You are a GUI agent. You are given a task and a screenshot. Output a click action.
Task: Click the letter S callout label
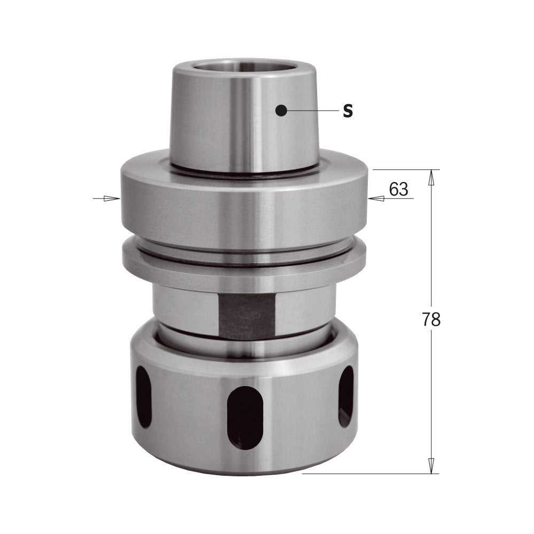[348, 111]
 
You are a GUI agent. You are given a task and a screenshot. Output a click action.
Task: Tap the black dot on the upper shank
[281, 111]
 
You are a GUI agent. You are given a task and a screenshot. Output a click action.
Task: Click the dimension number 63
[398, 189]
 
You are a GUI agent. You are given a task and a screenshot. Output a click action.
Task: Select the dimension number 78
[431, 319]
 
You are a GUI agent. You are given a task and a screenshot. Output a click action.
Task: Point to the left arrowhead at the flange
[112, 199]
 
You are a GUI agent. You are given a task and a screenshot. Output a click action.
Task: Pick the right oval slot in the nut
[345, 396]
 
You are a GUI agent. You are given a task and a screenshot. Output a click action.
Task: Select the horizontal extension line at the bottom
[368, 473]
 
